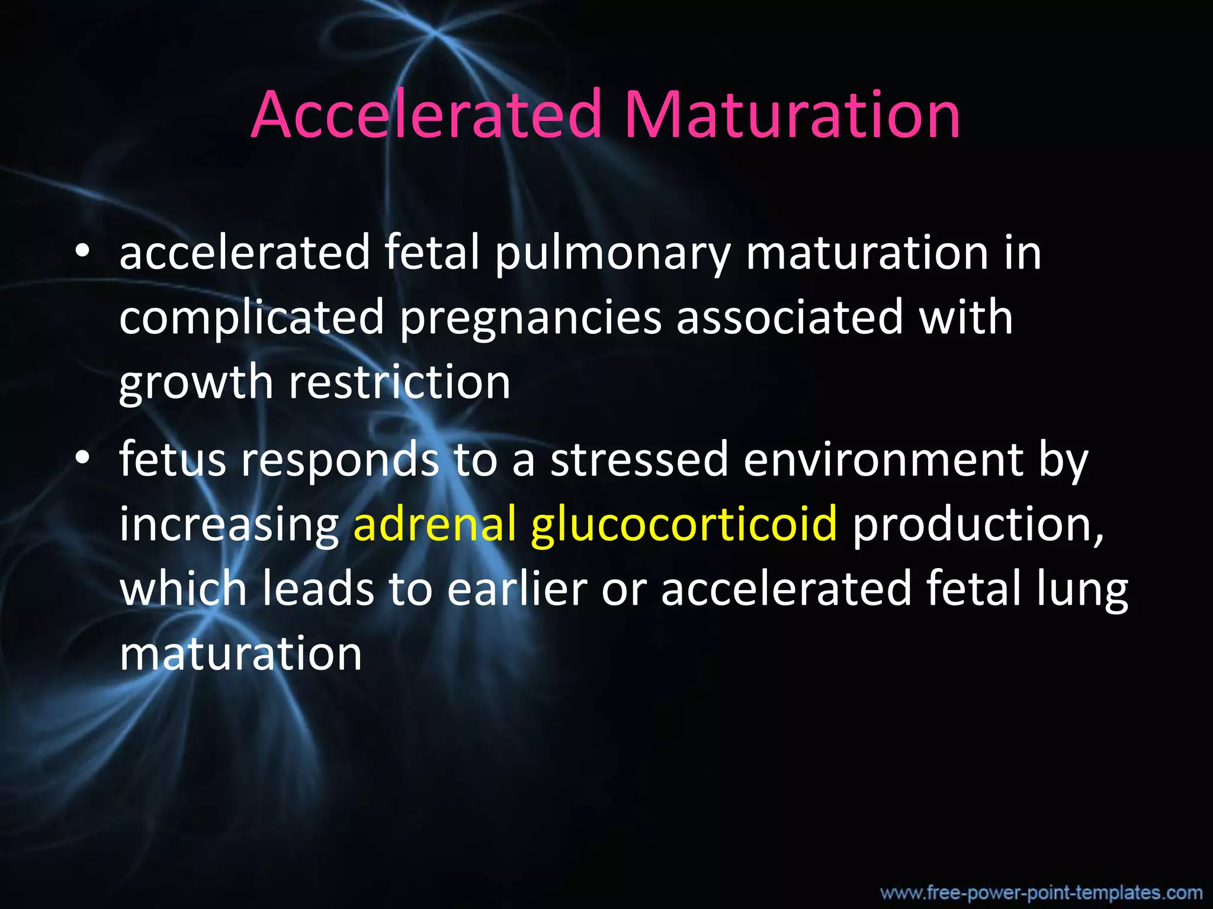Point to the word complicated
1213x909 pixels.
coord(252,318)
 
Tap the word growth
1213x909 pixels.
coord(196,383)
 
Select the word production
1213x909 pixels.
coord(977,524)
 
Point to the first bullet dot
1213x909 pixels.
coord(82,253)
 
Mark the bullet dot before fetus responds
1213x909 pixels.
coord(82,459)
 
